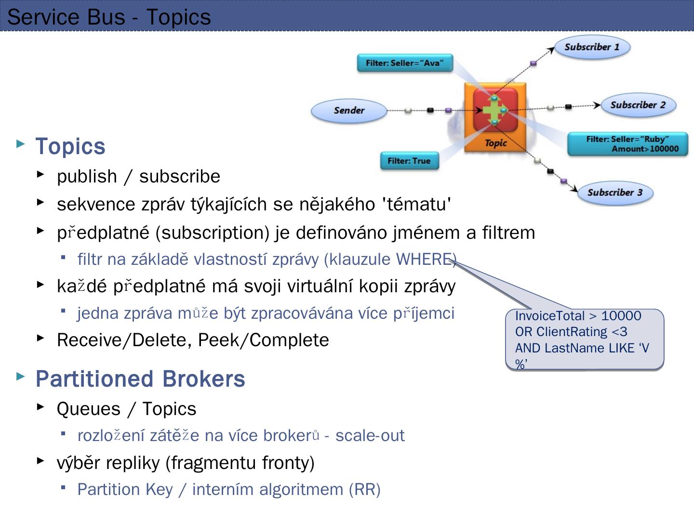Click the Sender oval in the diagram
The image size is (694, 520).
(349, 110)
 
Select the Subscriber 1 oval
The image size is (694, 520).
(592, 47)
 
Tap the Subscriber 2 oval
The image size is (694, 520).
(638, 105)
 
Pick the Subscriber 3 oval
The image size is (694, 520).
(614, 193)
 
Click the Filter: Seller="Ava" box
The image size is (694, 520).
(405, 63)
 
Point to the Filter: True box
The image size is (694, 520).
(409, 161)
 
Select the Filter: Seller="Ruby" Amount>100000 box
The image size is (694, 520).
(627, 144)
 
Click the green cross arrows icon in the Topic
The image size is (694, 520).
(495, 110)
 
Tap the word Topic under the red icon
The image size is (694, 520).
(495, 143)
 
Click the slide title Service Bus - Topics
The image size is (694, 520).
(109, 17)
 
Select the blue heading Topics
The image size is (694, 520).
(70, 146)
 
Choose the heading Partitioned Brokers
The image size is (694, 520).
(140, 379)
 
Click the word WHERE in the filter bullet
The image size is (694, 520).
(424, 259)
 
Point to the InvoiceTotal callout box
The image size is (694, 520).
(584, 339)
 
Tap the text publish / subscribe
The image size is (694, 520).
(138, 176)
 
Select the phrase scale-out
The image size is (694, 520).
(370, 435)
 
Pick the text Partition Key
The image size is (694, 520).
(125, 489)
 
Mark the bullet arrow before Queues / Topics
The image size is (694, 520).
(40, 407)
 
